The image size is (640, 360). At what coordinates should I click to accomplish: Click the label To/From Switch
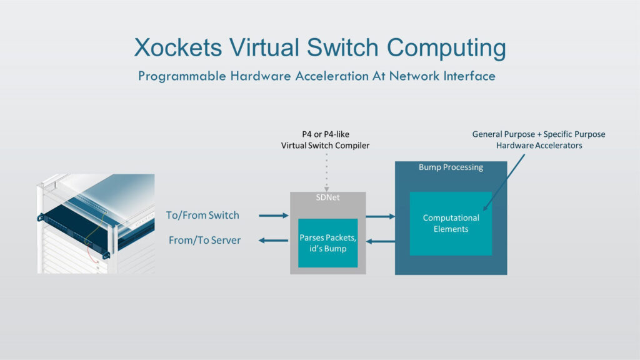click(x=202, y=216)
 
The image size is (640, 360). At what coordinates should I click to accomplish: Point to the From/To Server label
click(x=204, y=241)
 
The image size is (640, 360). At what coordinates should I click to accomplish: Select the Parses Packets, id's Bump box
click(x=327, y=243)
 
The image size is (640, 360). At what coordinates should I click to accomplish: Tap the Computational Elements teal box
click(x=451, y=223)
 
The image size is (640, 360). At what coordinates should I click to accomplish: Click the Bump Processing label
click(x=451, y=167)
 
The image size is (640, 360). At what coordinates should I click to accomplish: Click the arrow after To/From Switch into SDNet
click(x=273, y=216)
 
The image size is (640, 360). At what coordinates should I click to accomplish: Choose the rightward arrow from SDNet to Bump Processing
click(x=380, y=217)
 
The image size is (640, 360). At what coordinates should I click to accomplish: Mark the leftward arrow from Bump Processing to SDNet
click(x=380, y=241)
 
